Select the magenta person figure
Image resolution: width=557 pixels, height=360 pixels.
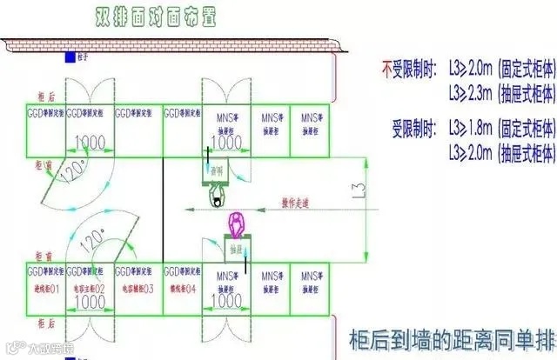(x=235, y=228)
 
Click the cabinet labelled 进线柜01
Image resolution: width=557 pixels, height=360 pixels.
(x=42, y=288)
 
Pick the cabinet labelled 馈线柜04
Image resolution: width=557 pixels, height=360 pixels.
(x=182, y=288)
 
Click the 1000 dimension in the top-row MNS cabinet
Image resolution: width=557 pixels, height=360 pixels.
(x=227, y=142)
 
